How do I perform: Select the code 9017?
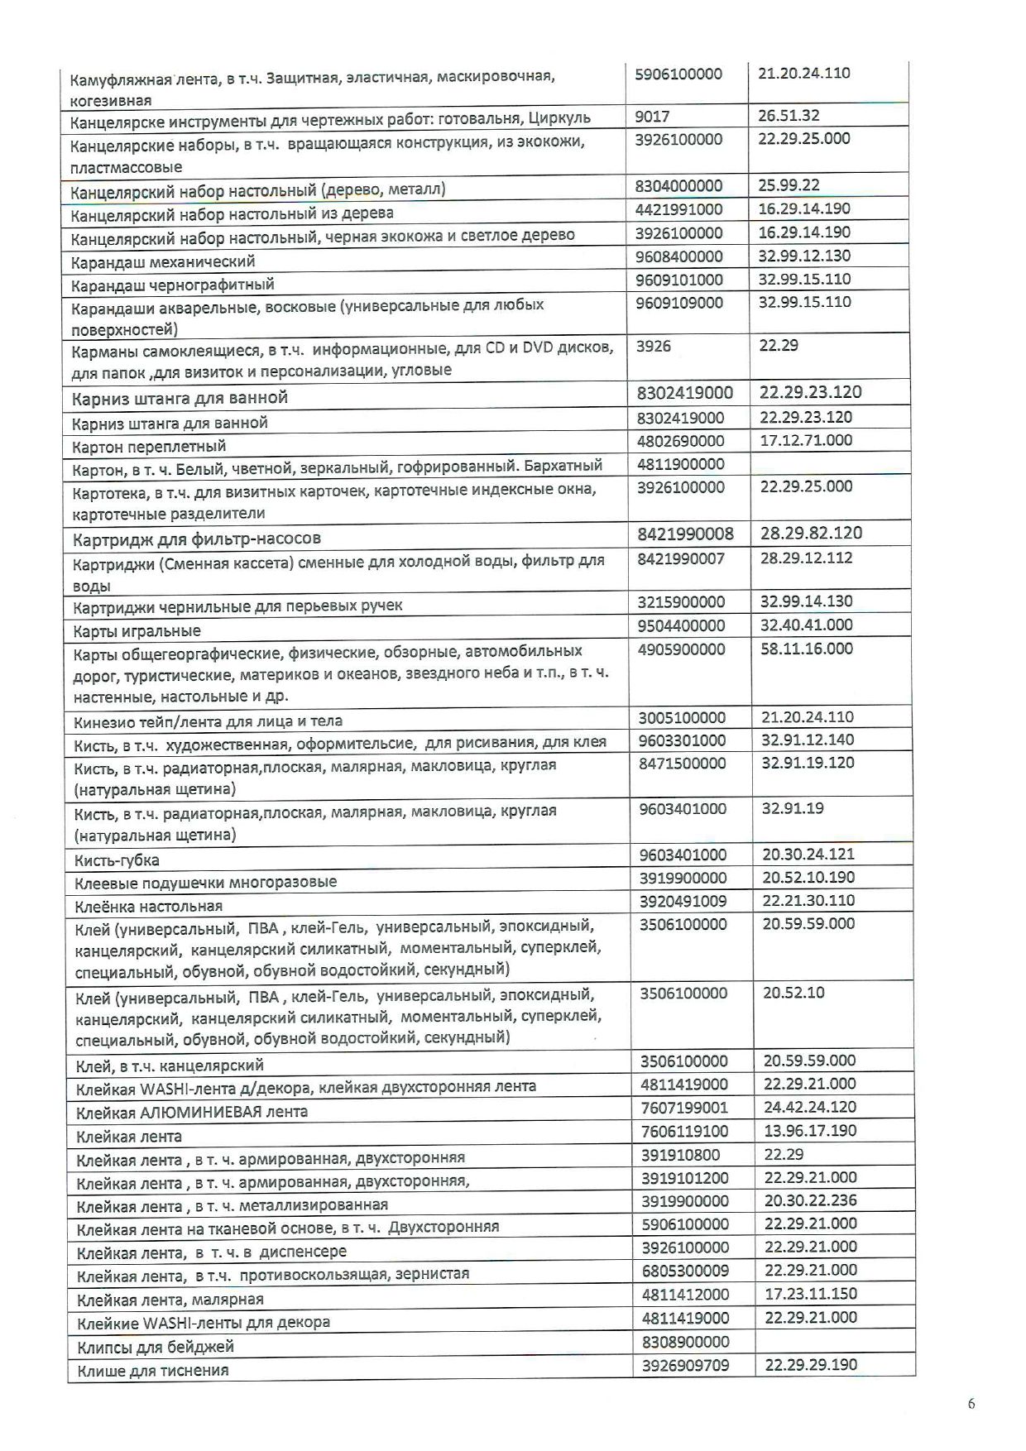(652, 116)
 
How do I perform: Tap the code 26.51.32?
(789, 116)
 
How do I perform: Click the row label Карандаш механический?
(163, 261)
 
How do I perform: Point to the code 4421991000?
(678, 209)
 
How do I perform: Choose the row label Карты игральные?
(137, 631)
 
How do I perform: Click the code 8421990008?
(685, 534)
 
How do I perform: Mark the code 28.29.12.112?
(806, 558)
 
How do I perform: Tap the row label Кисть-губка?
(117, 860)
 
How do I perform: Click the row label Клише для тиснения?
(153, 1371)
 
